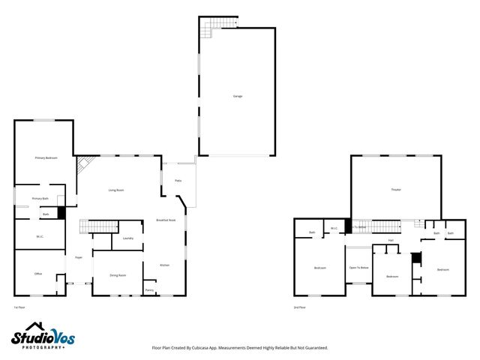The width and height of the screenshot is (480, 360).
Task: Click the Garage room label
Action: click(x=237, y=96)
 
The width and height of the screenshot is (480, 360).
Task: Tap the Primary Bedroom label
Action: click(x=46, y=158)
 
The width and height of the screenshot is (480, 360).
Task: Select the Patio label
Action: click(x=178, y=181)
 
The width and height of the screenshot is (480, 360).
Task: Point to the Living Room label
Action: click(x=115, y=190)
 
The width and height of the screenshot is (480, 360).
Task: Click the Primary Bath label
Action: click(x=40, y=198)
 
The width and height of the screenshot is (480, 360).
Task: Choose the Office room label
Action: click(x=38, y=274)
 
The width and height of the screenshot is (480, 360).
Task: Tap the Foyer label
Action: click(x=78, y=258)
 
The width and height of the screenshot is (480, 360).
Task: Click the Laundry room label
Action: click(x=127, y=238)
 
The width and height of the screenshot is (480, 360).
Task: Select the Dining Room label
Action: click(x=118, y=275)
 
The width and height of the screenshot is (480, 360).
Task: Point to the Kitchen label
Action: click(x=165, y=265)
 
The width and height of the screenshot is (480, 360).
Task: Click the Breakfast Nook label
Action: click(x=166, y=220)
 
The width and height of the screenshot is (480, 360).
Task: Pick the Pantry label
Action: click(x=149, y=289)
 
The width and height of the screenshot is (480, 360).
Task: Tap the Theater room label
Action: click(x=396, y=190)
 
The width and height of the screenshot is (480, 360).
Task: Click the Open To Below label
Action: click(x=358, y=268)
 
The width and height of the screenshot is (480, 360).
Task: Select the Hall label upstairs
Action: click(x=391, y=240)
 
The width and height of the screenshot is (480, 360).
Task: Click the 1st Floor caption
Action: click(x=19, y=307)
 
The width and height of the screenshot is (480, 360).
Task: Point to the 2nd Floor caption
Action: click(x=300, y=307)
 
